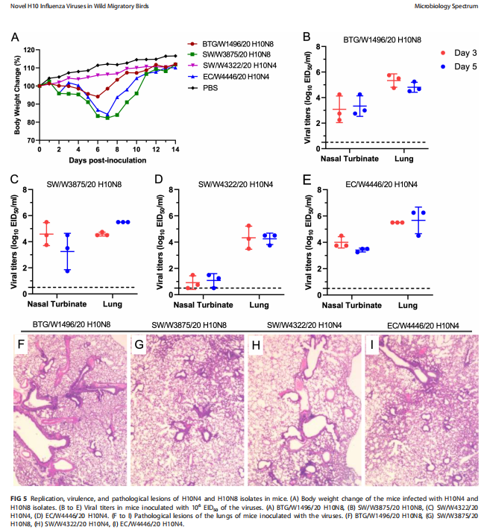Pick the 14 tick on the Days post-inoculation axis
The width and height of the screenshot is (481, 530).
point(175,149)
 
